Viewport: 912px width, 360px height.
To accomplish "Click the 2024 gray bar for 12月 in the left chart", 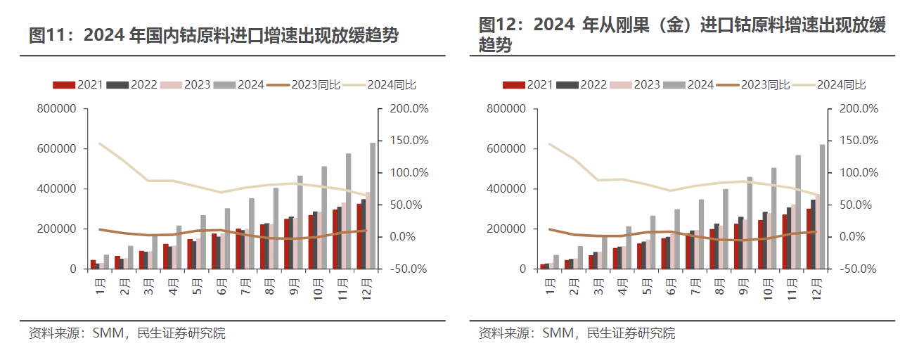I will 373,206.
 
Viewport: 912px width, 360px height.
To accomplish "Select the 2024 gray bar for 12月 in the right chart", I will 822,207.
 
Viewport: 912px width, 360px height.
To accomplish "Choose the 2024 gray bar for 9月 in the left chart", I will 300,222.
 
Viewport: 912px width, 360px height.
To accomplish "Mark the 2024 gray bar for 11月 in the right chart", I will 798,212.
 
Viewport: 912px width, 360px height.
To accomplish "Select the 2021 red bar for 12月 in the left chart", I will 360,236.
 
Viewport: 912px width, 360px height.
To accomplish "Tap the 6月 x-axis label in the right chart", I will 673,285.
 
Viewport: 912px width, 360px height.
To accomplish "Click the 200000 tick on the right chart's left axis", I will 506,229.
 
